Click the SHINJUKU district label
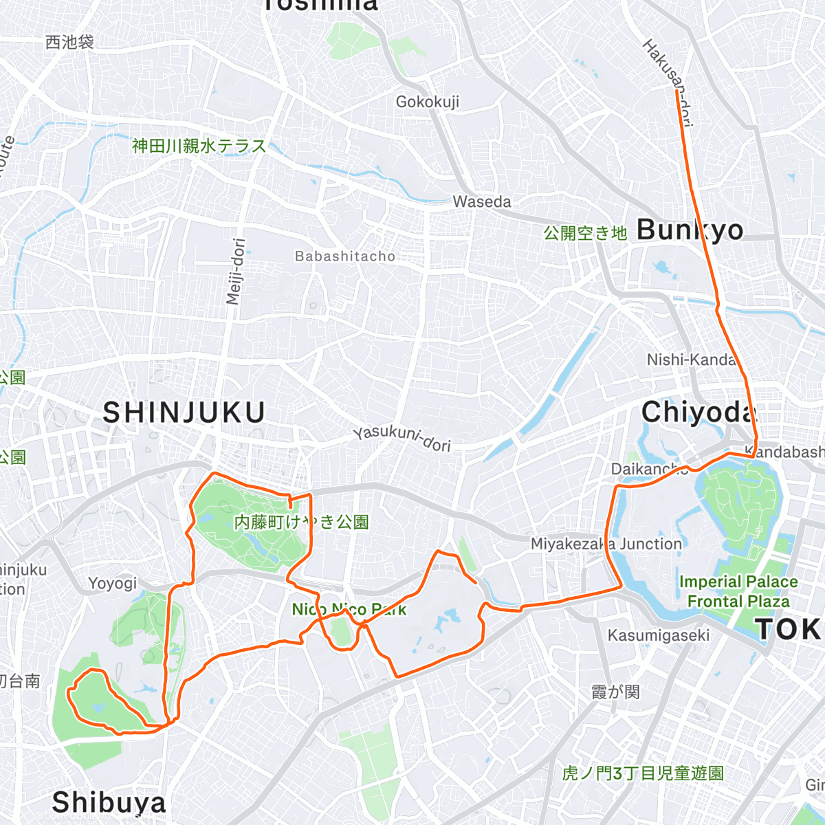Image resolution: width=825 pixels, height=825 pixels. tap(184, 412)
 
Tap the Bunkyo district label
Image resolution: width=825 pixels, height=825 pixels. tap(690, 230)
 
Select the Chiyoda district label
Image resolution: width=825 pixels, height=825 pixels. tap(698, 412)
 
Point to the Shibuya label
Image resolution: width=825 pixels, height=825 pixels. tap(109, 802)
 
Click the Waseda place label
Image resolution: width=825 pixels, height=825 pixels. tap(482, 202)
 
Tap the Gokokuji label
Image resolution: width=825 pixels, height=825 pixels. tap(427, 102)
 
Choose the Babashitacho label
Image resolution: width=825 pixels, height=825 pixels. tap(345, 256)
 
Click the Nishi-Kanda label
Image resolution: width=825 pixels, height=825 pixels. tap(691, 360)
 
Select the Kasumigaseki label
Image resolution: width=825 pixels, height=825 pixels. tap(658, 635)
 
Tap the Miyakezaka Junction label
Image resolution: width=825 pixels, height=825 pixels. tap(606, 544)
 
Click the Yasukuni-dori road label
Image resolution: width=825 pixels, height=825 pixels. tap(402, 439)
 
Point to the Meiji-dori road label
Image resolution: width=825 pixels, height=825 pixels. tap(235, 272)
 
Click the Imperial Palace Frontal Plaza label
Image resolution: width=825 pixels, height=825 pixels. tap(738, 592)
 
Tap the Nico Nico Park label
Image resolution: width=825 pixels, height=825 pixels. tap(349, 610)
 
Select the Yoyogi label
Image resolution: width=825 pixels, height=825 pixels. tap(113, 584)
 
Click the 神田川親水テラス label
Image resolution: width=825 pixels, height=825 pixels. tap(199, 146)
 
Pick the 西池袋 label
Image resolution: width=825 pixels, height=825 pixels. tap(69, 43)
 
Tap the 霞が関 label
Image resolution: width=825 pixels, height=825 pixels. tap(615, 692)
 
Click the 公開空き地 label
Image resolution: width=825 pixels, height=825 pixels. tap(585, 233)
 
